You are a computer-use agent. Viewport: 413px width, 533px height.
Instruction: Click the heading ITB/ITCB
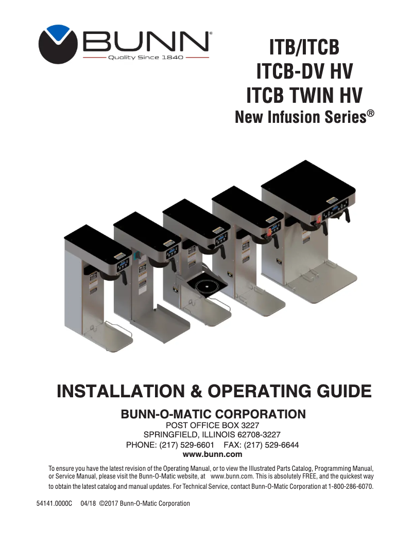(x=304, y=48)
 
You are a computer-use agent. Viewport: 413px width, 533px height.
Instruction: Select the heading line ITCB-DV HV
(x=304, y=71)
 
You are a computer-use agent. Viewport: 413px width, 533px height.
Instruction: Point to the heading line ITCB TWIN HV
(x=304, y=96)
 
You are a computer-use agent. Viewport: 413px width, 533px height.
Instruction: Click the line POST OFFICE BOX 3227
(x=213, y=426)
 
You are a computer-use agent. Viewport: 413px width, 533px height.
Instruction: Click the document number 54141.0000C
(x=54, y=503)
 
